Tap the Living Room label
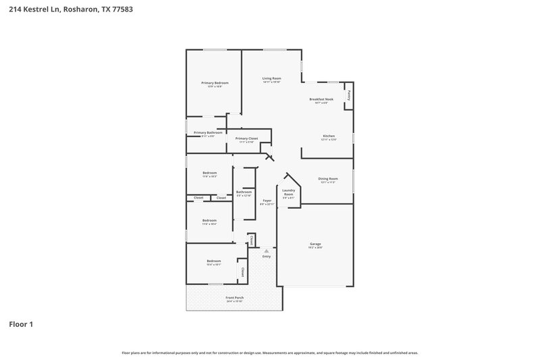tap(272, 78)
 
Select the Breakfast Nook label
tap(321, 99)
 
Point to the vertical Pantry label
tap(348, 96)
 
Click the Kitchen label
tap(329, 136)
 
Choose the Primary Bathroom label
tap(208, 132)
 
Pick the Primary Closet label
tap(246, 138)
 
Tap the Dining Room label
tap(328, 178)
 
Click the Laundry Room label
tap(288, 192)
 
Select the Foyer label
tap(267, 201)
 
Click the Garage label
tap(315, 244)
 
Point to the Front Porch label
tap(234, 297)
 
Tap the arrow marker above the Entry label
tap(266, 251)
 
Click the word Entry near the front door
tap(266, 257)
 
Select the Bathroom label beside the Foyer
tap(244, 192)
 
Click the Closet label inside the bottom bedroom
tap(242, 272)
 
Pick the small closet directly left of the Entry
tap(251, 240)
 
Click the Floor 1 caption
tap(20, 324)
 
